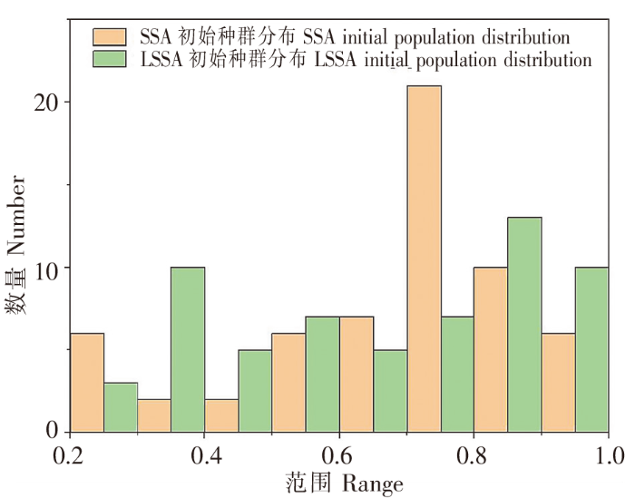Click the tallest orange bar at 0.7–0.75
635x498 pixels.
(424, 259)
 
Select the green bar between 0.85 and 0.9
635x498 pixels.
(524, 324)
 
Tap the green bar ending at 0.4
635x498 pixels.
(188, 349)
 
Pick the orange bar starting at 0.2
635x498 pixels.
(87, 382)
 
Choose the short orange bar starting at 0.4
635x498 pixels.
(221, 415)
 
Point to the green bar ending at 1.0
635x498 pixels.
(591, 349)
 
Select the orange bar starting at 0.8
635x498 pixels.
(491, 349)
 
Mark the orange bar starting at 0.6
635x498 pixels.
(357, 374)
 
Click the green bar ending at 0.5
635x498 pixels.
(255, 391)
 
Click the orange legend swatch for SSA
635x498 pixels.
(112, 38)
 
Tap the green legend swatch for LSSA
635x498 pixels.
(112, 60)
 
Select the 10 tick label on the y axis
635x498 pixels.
(50, 269)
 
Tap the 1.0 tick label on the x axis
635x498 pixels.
(608, 453)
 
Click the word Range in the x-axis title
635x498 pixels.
(373, 483)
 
